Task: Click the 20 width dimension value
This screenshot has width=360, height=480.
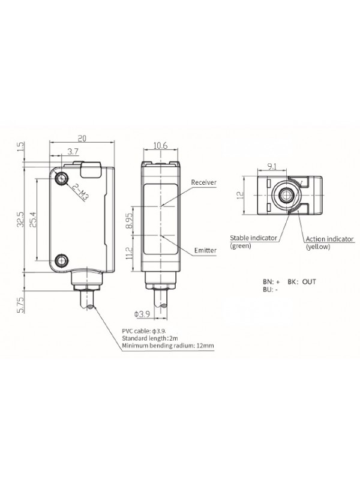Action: pyautogui.click(x=82, y=139)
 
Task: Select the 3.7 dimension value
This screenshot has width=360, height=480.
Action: pyautogui.click(x=73, y=151)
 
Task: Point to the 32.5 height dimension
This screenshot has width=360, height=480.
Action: pyautogui.click(x=20, y=219)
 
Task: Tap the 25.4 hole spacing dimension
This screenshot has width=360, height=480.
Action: pyautogui.click(x=33, y=219)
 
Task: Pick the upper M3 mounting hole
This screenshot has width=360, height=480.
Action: pyautogui.click(x=62, y=178)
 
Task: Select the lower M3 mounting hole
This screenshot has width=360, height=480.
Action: pyautogui.click(x=62, y=260)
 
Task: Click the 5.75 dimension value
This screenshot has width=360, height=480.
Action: pyautogui.click(x=21, y=305)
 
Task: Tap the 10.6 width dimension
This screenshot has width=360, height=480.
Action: pyautogui.click(x=160, y=145)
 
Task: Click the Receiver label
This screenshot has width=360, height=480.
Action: pyautogui.click(x=204, y=182)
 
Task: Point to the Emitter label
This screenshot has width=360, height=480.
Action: pyautogui.click(x=205, y=250)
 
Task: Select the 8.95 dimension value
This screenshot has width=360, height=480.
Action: pyautogui.click(x=130, y=220)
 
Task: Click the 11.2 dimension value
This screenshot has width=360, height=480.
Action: pyautogui.click(x=129, y=253)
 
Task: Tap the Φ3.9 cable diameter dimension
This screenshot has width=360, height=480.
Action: pyautogui.click(x=142, y=314)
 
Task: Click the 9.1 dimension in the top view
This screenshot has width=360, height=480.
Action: pyautogui.click(x=272, y=167)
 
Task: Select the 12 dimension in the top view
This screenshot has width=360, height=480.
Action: pyautogui.click(x=241, y=195)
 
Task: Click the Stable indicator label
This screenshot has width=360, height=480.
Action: pyautogui.click(x=253, y=238)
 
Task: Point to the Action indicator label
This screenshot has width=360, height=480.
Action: pyautogui.click(x=329, y=239)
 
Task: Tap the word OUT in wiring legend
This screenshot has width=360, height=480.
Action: pyautogui.click(x=309, y=281)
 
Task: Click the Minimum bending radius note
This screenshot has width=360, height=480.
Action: pyautogui.click(x=168, y=346)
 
